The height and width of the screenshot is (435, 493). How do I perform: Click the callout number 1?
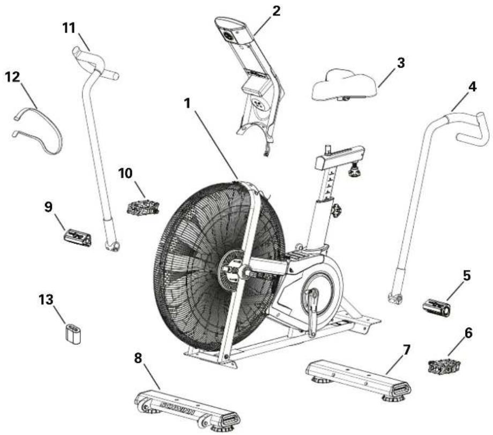(x=186, y=104)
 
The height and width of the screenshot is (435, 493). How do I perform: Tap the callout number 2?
(x=276, y=11)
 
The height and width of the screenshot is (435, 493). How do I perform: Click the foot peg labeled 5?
(x=438, y=307)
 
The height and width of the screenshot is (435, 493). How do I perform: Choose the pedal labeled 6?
(x=444, y=367)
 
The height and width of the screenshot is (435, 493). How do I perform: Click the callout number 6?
(x=468, y=333)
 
